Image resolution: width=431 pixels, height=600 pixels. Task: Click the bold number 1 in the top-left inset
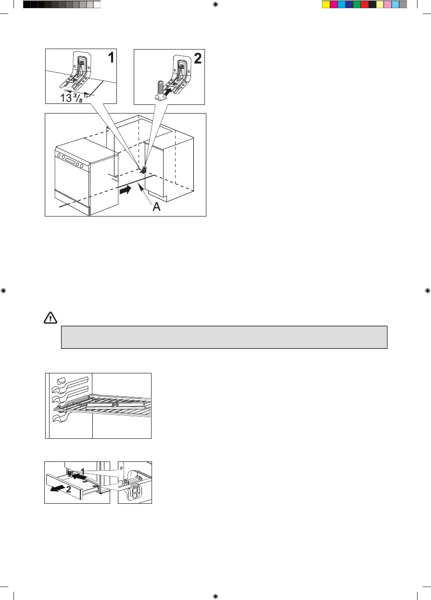(111, 58)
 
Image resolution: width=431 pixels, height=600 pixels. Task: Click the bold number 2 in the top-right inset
(197, 59)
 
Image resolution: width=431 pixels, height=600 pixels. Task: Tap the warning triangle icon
(50, 318)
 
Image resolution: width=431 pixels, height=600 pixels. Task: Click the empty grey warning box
(224, 337)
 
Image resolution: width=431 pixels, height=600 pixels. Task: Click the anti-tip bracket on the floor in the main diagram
(143, 169)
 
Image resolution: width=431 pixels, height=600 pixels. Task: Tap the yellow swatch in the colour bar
(326, 4)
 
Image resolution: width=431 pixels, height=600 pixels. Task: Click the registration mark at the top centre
(215, 4)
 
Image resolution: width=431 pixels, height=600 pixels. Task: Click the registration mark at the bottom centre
(215, 595)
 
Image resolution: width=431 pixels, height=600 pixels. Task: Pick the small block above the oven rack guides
(60, 381)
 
